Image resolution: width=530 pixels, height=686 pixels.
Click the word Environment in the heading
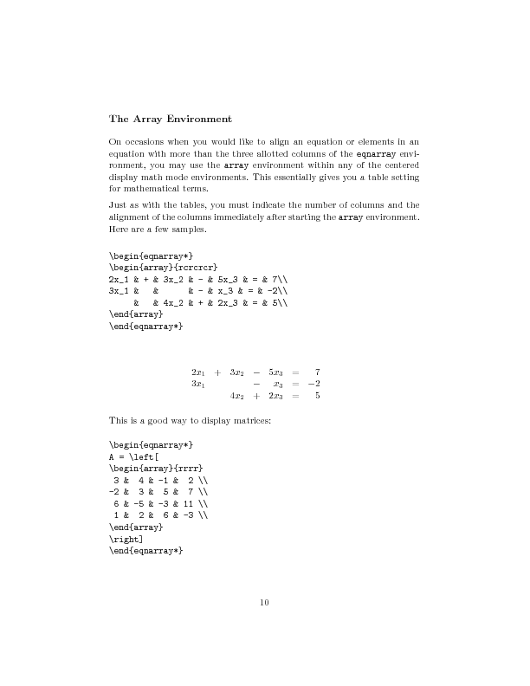[194, 118]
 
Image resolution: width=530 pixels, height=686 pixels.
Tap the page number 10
[265, 603]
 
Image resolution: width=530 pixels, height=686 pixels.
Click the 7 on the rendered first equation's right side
[318, 372]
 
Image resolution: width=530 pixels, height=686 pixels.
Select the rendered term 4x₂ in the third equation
[236, 396]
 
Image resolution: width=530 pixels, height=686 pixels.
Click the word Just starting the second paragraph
[119, 204]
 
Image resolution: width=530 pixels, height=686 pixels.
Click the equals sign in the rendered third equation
[295, 396]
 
